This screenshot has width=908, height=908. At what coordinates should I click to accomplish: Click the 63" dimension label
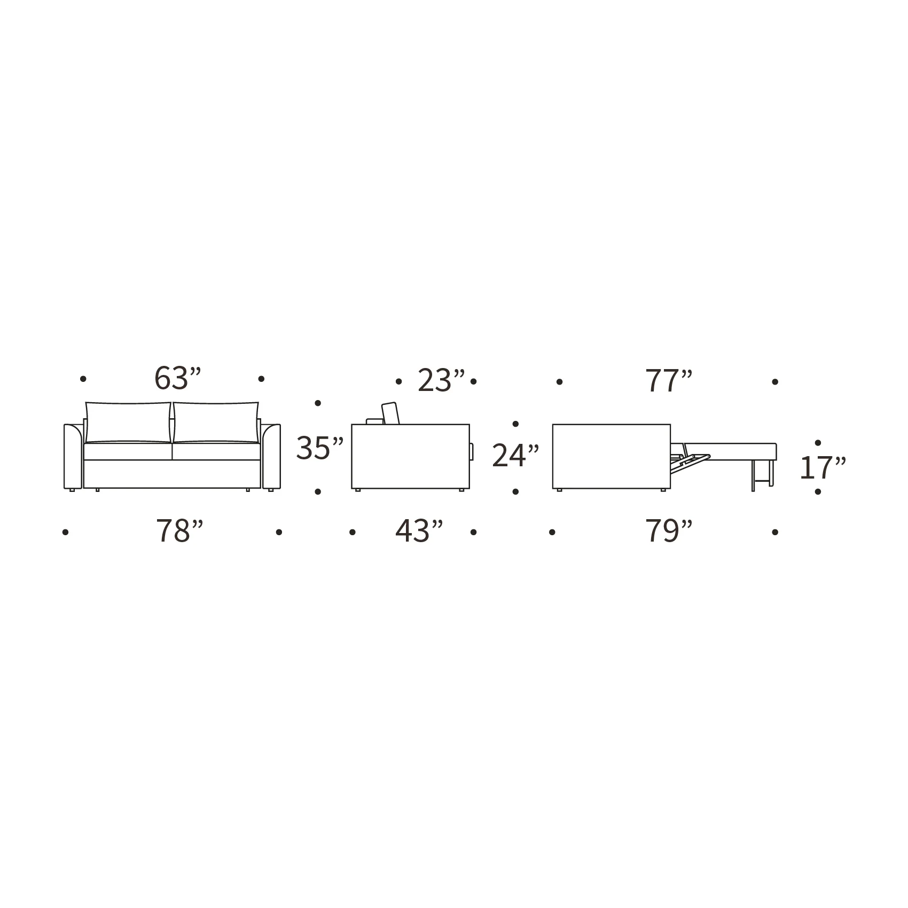pyautogui.click(x=178, y=379)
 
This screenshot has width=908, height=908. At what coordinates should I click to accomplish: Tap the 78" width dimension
pyautogui.click(x=179, y=531)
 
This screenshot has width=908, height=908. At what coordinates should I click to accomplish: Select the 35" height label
pyautogui.click(x=320, y=448)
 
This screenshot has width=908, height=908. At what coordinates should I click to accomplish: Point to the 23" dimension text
pyautogui.click(x=441, y=381)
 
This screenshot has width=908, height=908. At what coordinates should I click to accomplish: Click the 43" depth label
pyautogui.click(x=419, y=531)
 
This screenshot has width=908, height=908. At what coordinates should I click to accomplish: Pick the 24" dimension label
pyautogui.click(x=515, y=456)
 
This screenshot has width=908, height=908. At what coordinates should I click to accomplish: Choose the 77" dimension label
pyautogui.click(x=669, y=381)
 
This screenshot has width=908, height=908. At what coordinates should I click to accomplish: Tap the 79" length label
pyautogui.click(x=669, y=531)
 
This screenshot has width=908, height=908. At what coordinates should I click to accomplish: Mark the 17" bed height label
pyautogui.click(x=823, y=468)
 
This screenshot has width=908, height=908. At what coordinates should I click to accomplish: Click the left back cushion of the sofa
pyautogui.click(x=128, y=422)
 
